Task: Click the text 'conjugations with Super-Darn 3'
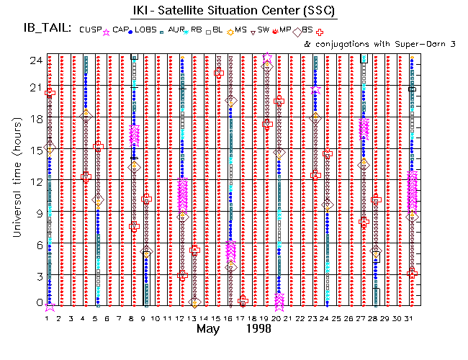388,44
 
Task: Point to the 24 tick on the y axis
34,60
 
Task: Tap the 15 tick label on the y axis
34,148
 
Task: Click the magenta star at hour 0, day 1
49,305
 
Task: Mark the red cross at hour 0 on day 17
243,300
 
